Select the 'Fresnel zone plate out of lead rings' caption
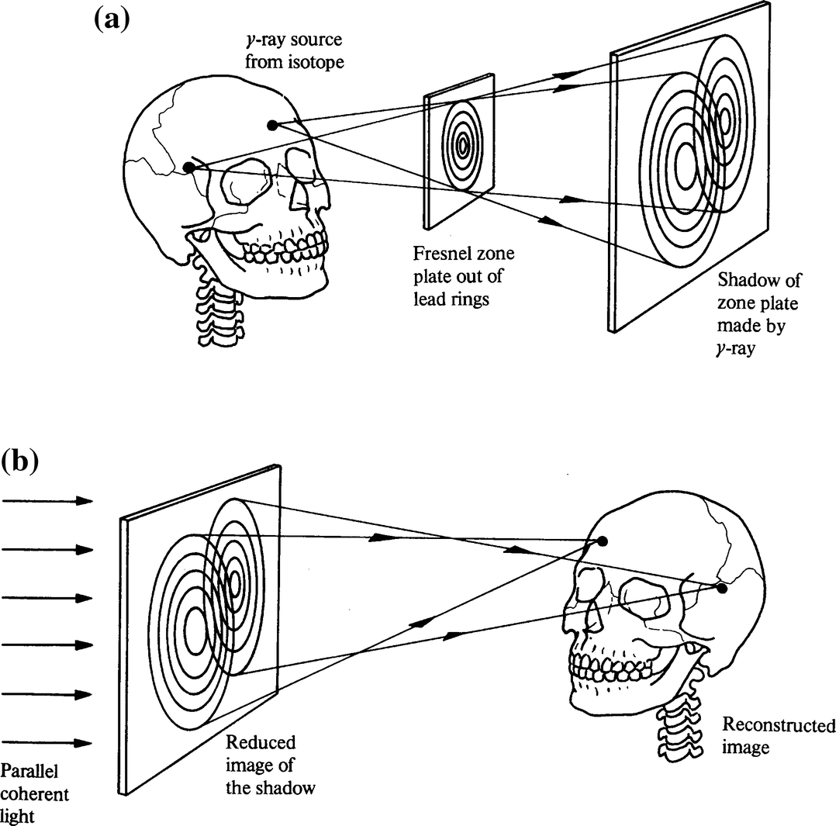coord(464,276)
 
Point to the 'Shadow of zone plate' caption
coord(758,314)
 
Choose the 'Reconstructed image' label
coord(778,736)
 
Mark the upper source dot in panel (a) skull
coord(271,125)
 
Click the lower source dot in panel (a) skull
coord(188,167)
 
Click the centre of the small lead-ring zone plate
coord(463,144)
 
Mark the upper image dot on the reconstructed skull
coord(603,541)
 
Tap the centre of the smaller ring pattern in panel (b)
coord(233,581)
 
